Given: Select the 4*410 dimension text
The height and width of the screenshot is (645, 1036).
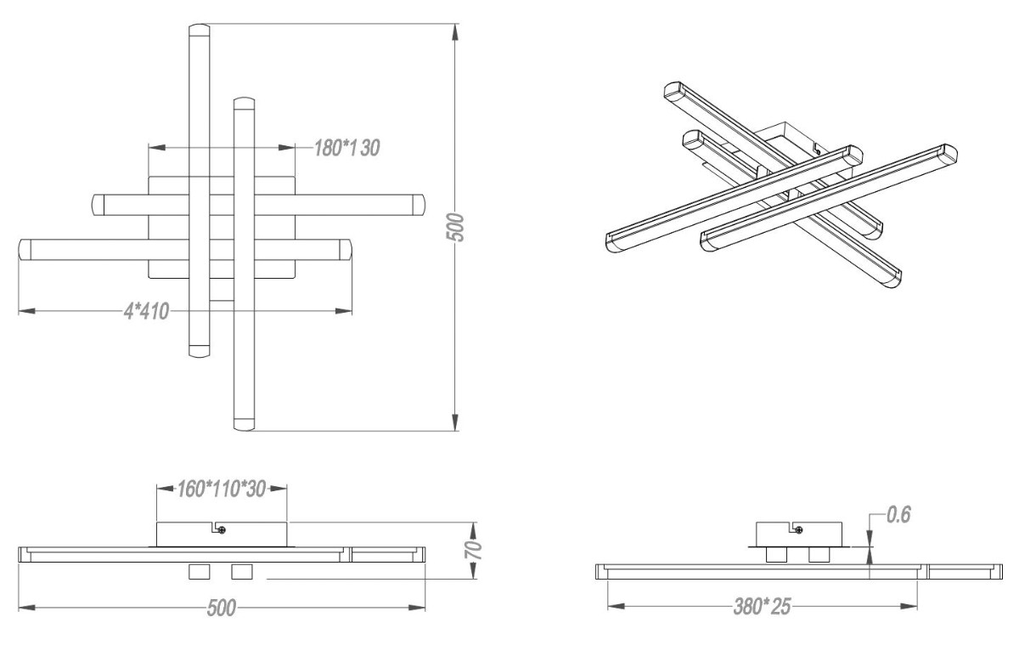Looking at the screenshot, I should click(x=146, y=311).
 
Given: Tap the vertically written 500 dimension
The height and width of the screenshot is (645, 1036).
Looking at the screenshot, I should click(x=456, y=227).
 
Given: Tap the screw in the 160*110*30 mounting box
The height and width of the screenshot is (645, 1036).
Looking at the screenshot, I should click(x=222, y=530).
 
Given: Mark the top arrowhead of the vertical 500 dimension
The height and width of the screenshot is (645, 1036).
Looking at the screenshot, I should click(x=456, y=31).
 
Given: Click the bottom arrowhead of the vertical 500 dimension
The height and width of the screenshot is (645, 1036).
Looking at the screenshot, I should click(x=456, y=422).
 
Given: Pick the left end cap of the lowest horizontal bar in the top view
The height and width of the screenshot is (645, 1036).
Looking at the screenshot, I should click(x=25, y=250).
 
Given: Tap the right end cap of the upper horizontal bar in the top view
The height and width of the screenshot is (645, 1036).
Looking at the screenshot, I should click(x=418, y=204).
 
